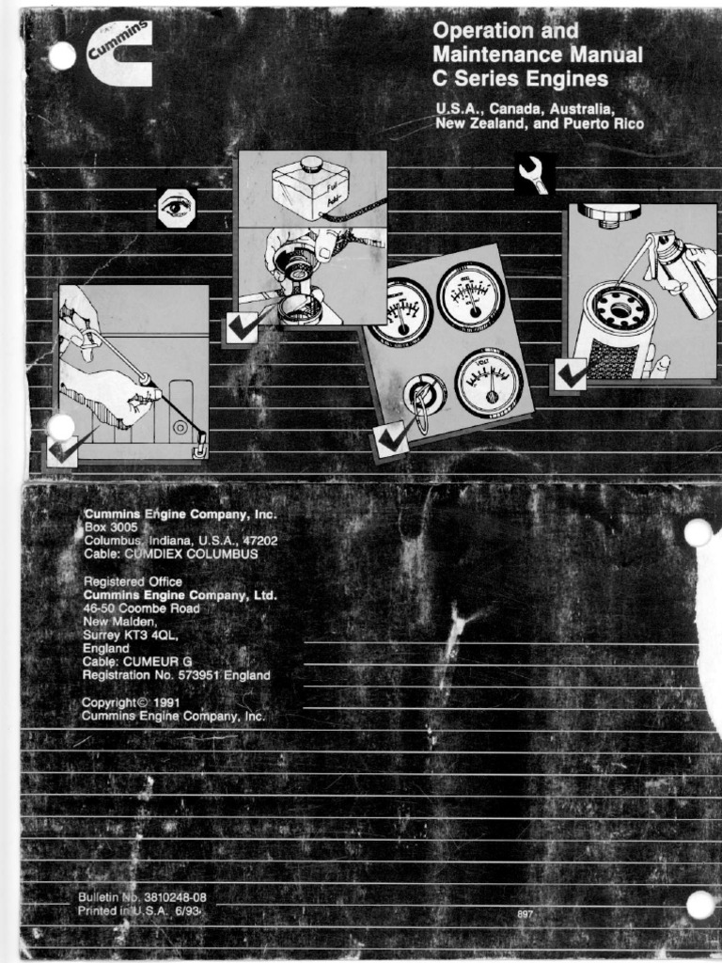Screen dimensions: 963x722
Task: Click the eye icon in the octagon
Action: [176, 208]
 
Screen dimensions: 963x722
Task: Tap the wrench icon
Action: [533, 174]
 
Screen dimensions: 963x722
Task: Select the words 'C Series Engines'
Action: [520, 79]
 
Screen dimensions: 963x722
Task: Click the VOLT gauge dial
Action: [489, 382]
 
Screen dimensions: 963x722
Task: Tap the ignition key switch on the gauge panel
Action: [424, 398]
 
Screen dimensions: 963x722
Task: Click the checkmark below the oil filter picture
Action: [571, 373]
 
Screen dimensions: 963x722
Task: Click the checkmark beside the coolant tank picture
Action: [242, 328]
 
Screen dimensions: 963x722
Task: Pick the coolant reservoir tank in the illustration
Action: [310, 187]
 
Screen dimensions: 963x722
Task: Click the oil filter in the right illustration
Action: [613, 332]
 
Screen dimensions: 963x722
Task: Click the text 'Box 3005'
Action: [111, 529]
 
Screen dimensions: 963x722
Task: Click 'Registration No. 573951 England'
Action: [176, 675]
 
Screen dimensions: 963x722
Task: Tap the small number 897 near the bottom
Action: [526, 913]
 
